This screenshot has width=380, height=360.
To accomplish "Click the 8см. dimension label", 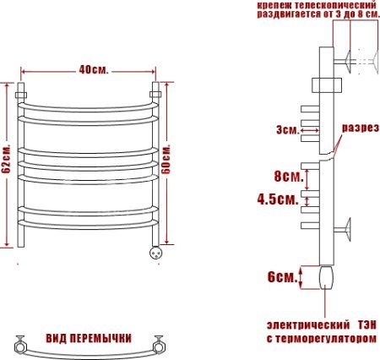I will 287,177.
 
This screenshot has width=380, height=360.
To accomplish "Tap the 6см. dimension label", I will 282,277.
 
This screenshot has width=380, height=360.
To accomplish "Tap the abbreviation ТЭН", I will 369,325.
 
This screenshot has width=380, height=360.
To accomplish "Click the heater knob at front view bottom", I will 155,252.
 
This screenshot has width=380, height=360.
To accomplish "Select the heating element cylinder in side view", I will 326,277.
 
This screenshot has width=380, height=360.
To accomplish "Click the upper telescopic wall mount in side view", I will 347,61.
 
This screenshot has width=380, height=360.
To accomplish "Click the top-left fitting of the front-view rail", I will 24,89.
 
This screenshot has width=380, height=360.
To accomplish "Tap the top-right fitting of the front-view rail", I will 155,89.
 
